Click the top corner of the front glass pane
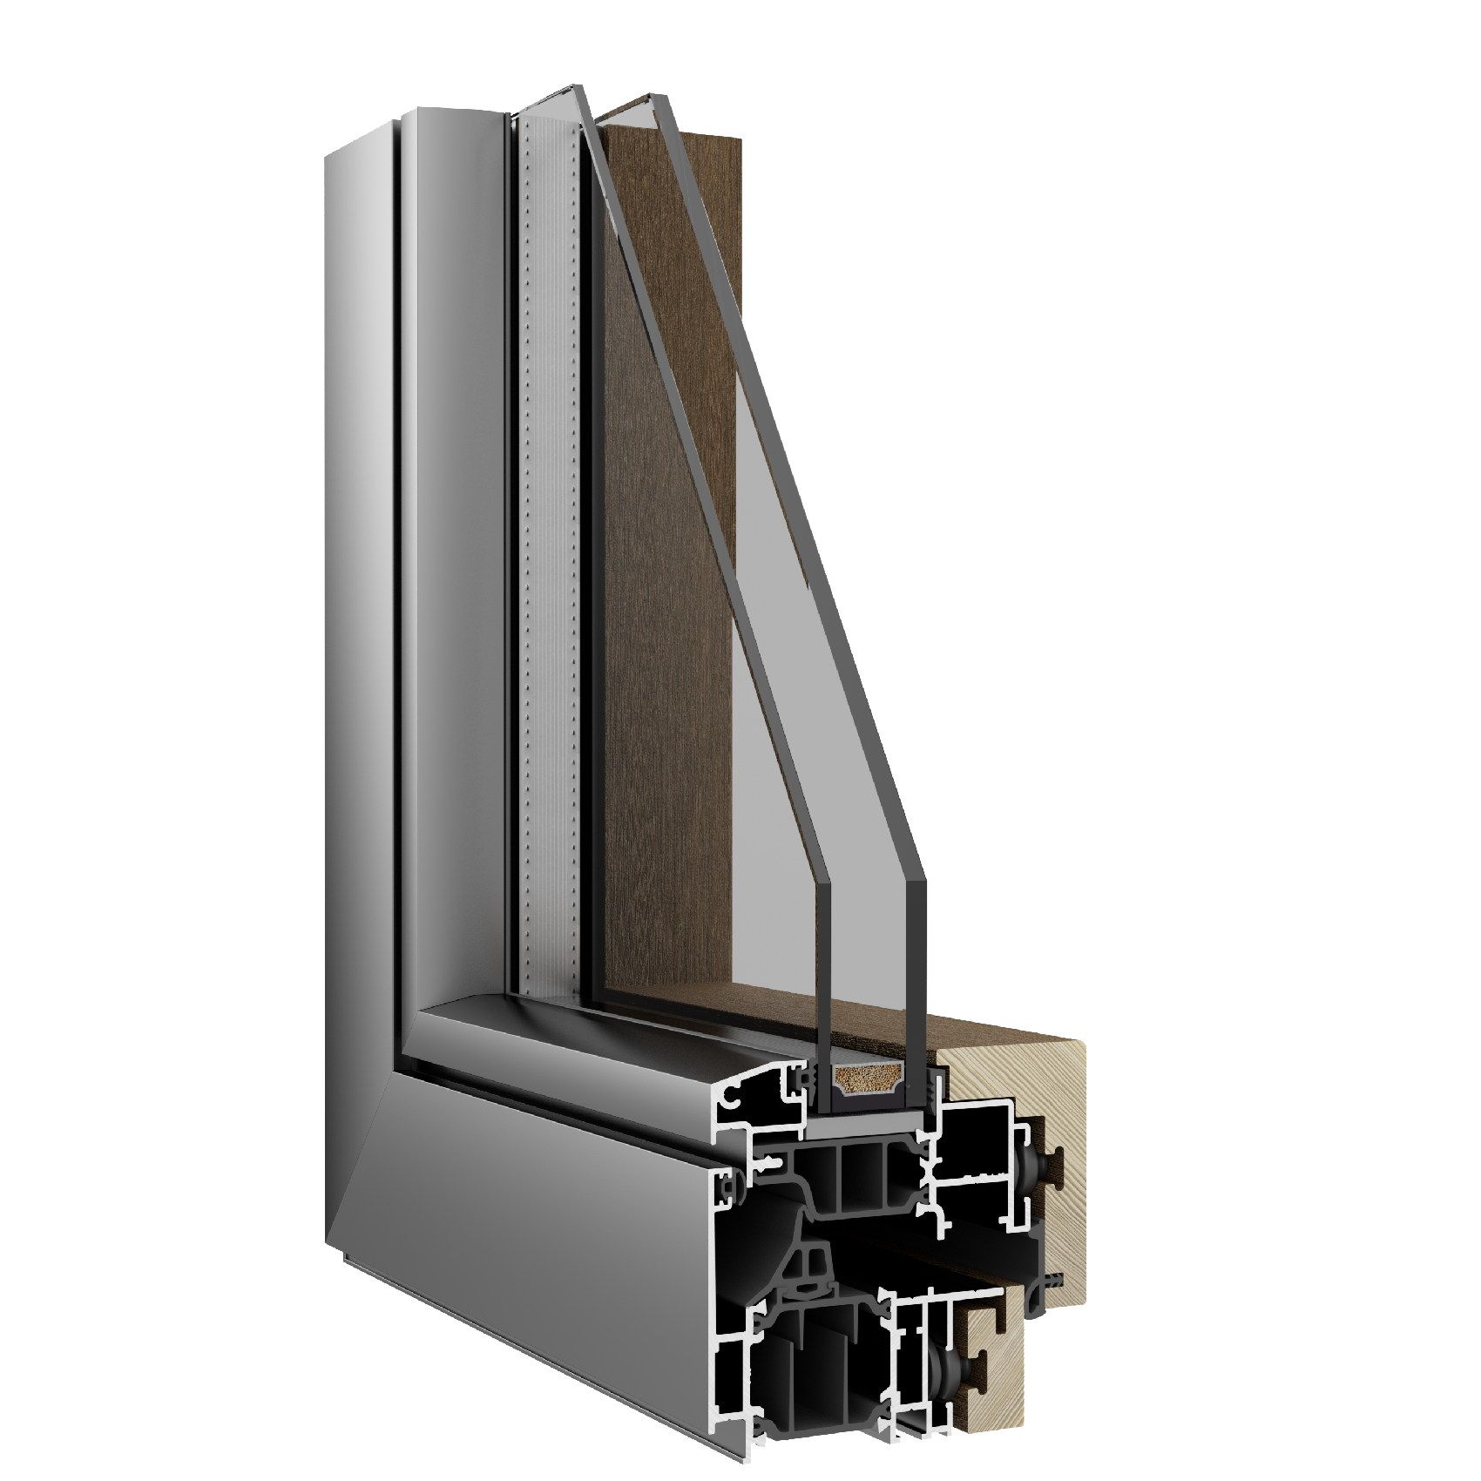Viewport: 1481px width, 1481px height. (x=575, y=88)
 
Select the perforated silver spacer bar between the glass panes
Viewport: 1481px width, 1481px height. (x=550, y=523)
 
